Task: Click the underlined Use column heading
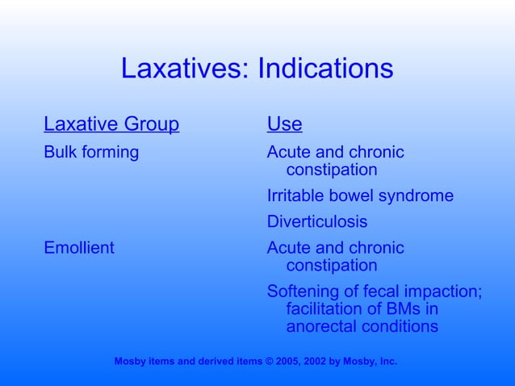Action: pos(284,125)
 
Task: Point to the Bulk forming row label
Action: pos(91,152)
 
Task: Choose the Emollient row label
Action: pos(79,248)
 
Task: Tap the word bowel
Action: pos(355,196)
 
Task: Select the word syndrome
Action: pos(419,196)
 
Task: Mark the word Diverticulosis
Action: pos(316,221)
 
